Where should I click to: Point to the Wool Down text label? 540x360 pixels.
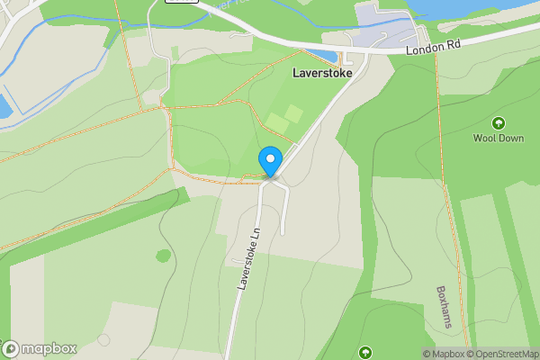(x=498, y=139)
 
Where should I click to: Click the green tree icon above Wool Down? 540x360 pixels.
(x=498, y=122)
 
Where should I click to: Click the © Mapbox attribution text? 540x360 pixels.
(x=443, y=354)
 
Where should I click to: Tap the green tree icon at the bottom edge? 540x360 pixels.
(x=364, y=352)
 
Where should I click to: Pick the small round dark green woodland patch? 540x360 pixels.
(x=163, y=256)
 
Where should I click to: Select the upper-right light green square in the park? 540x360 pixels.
(x=294, y=113)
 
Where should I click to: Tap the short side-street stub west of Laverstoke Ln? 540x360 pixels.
(x=239, y=261)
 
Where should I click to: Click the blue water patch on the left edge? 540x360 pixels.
(x=4, y=106)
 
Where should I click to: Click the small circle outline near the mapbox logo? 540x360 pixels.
(x=104, y=340)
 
